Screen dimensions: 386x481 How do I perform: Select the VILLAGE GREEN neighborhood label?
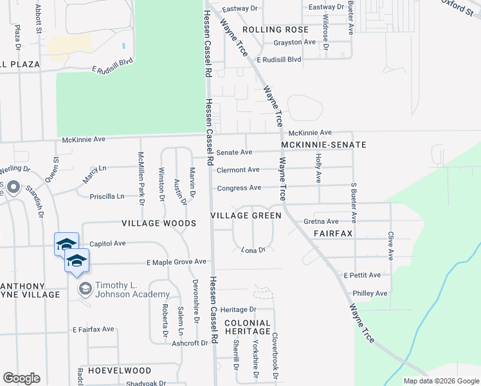coord(247,216)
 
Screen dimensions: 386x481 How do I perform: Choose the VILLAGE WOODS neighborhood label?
coord(159,223)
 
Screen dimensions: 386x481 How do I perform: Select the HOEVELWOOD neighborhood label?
coord(120,371)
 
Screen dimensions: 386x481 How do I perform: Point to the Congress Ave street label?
coord(239,188)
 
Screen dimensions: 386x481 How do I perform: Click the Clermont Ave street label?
coord(238,170)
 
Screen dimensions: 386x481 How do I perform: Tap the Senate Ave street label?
coord(234,152)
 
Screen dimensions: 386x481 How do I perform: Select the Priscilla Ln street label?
coord(107,196)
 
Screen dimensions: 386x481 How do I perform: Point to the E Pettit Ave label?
coord(362,275)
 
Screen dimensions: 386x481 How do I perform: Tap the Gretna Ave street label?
coord(321,221)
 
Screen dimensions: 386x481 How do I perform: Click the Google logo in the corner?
coord(21,378)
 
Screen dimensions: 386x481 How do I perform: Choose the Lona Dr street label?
coord(253,250)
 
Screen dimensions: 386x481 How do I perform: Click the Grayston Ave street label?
coord(295,42)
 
